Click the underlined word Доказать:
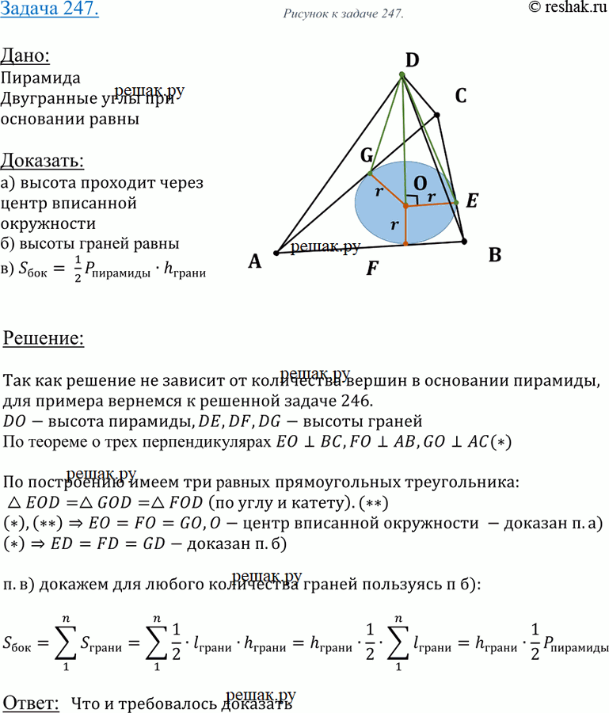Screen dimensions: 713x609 [x=43, y=161]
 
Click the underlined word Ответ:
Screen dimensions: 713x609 [x=31, y=701]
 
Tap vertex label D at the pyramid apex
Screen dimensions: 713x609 [x=412, y=60]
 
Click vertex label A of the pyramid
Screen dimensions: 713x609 [x=254, y=261]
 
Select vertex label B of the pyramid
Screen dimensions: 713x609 [x=495, y=255]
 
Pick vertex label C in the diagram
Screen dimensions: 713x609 [x=460, y=97]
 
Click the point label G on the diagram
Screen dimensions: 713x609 [x=367, y=156]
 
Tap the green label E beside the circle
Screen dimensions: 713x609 [x=472, y=201]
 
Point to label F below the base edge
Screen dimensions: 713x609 [x=371, y=269]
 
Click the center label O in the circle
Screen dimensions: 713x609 [x=413, y=181]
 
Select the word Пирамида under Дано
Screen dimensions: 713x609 [x=40, y=79]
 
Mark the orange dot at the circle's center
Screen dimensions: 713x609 [x=405, y=206]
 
